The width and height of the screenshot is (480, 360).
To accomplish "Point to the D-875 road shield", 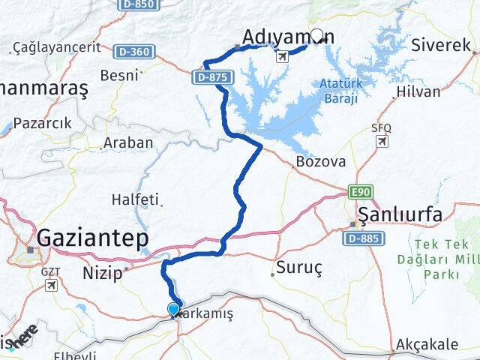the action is point(213,76).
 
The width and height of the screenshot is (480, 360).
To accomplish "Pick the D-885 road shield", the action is point(364,238).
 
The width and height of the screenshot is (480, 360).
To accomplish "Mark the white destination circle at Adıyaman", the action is point(317,35).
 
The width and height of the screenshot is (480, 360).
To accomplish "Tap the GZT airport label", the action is point(51,271).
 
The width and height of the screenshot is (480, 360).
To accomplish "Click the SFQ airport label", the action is point(381,128).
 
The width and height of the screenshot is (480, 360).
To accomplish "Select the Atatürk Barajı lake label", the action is point(339,90).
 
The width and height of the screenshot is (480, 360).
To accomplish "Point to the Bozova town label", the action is point(321,161).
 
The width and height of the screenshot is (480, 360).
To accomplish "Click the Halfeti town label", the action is point(135,199).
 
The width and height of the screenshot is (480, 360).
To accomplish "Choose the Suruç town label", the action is point(299,267).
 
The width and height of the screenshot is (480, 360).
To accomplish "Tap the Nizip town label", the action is point(103,273).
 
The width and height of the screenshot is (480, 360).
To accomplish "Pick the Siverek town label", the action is point(441,45).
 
